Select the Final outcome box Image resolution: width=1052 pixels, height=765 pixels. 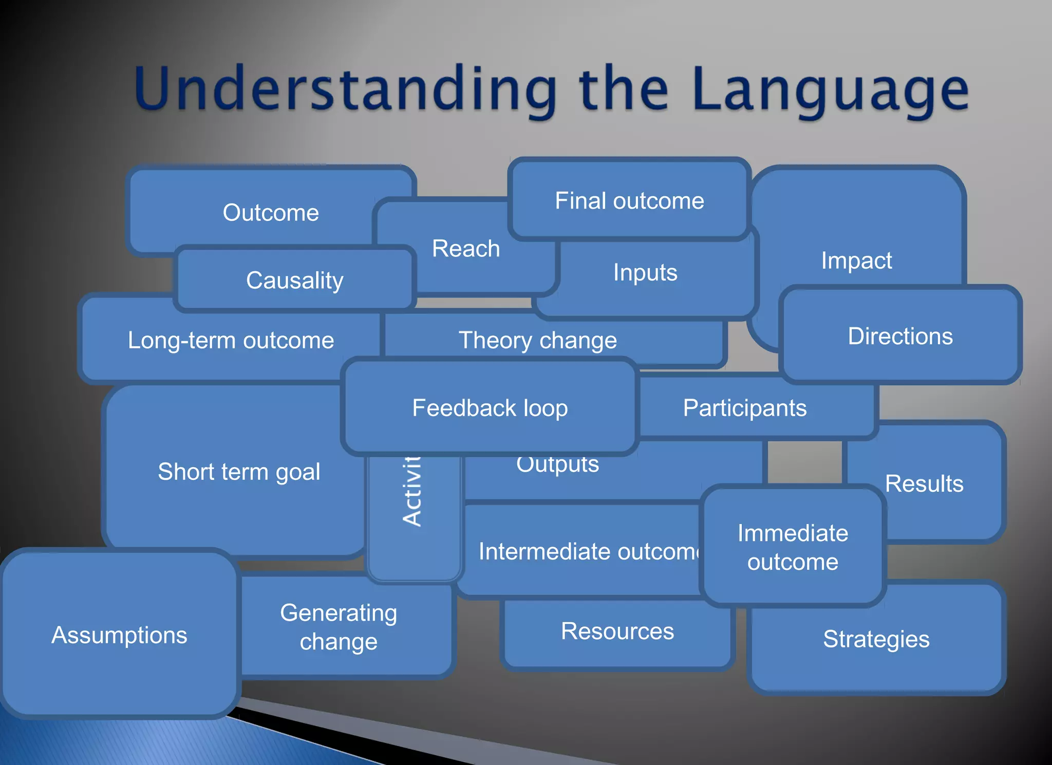click(x=629, y=200)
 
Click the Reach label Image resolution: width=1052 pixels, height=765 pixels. click(x=466, y=249)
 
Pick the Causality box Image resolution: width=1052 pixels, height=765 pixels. click(x=294, y=281)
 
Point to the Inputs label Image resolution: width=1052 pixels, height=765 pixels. click(x=645, y=272)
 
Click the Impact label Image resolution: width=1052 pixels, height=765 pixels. click(x=856, y=260)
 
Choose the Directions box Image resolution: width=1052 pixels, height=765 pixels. click(x=900, y=336)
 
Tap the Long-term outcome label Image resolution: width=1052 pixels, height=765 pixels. click(x=231, y=340)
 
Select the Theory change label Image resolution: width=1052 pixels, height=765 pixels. click(x=537, y=340)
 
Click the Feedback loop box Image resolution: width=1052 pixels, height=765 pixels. click(x=490, y=408)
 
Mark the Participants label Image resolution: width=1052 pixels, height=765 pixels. click(x=744, y=408)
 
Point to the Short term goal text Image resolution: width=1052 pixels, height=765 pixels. click(x=239, y=472)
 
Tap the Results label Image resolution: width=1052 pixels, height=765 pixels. click(x=924, y=483)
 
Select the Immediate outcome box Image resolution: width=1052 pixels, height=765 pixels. click(x=793, y=547)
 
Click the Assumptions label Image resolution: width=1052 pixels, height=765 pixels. click(x=119, y=635)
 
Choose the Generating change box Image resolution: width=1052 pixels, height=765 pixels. click(x=339, y=627)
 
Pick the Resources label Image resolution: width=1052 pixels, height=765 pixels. click(x=617, y=631)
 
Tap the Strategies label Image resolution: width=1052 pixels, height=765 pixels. click(x=876, y=639)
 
